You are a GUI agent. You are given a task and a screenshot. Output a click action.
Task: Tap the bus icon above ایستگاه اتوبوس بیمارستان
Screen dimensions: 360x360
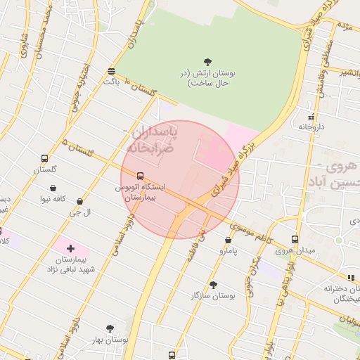point(141,176)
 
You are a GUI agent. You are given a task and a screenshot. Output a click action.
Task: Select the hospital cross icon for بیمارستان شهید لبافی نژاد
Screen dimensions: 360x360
point(70,248)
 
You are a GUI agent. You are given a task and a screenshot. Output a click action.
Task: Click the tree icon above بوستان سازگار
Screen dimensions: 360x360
point(213,285)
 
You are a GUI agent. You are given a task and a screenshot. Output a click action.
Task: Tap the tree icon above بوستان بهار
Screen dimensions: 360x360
point(110,328)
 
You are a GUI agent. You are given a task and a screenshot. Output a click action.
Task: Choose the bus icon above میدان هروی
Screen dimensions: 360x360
point(295,239)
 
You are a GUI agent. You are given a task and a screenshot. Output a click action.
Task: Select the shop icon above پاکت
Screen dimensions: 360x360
point(112,71)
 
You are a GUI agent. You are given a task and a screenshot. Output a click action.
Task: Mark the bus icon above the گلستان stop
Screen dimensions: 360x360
point(45,158)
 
